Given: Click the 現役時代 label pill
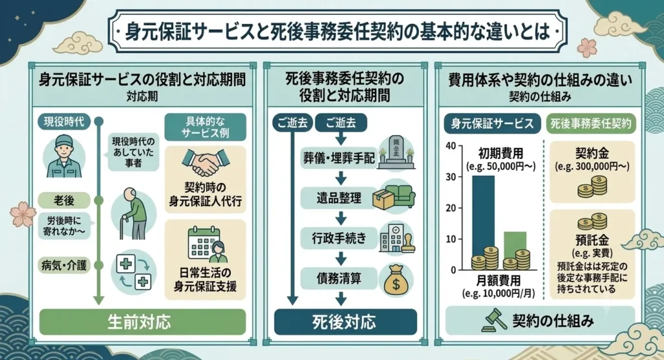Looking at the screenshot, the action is (x=64, y=122).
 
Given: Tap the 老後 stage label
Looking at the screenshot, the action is (x=64, y=200).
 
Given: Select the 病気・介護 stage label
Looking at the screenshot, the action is (x=64, y=265).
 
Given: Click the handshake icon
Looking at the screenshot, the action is (x=206, y=163).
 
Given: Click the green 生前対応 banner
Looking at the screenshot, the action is (x=142, y=322).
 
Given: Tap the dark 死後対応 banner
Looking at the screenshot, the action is (x=345, y=322).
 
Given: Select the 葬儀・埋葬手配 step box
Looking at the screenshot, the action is (x=338, y=158).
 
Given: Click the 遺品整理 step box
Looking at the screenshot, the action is (x=338, y=198).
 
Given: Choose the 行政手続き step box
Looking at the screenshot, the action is (x=338, y=239).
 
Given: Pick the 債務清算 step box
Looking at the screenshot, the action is (x=338, y=278).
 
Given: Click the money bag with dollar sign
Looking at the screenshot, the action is (x=396, y=280).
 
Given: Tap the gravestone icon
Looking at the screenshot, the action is (x=396, y=152).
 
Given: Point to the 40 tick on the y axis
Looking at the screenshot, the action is (x=451, y=146).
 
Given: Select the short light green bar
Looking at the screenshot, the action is (x=515, y=250).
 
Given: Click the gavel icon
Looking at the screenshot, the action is (x=495, y=320).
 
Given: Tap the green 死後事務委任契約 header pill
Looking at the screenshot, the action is (x=591, y=124).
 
